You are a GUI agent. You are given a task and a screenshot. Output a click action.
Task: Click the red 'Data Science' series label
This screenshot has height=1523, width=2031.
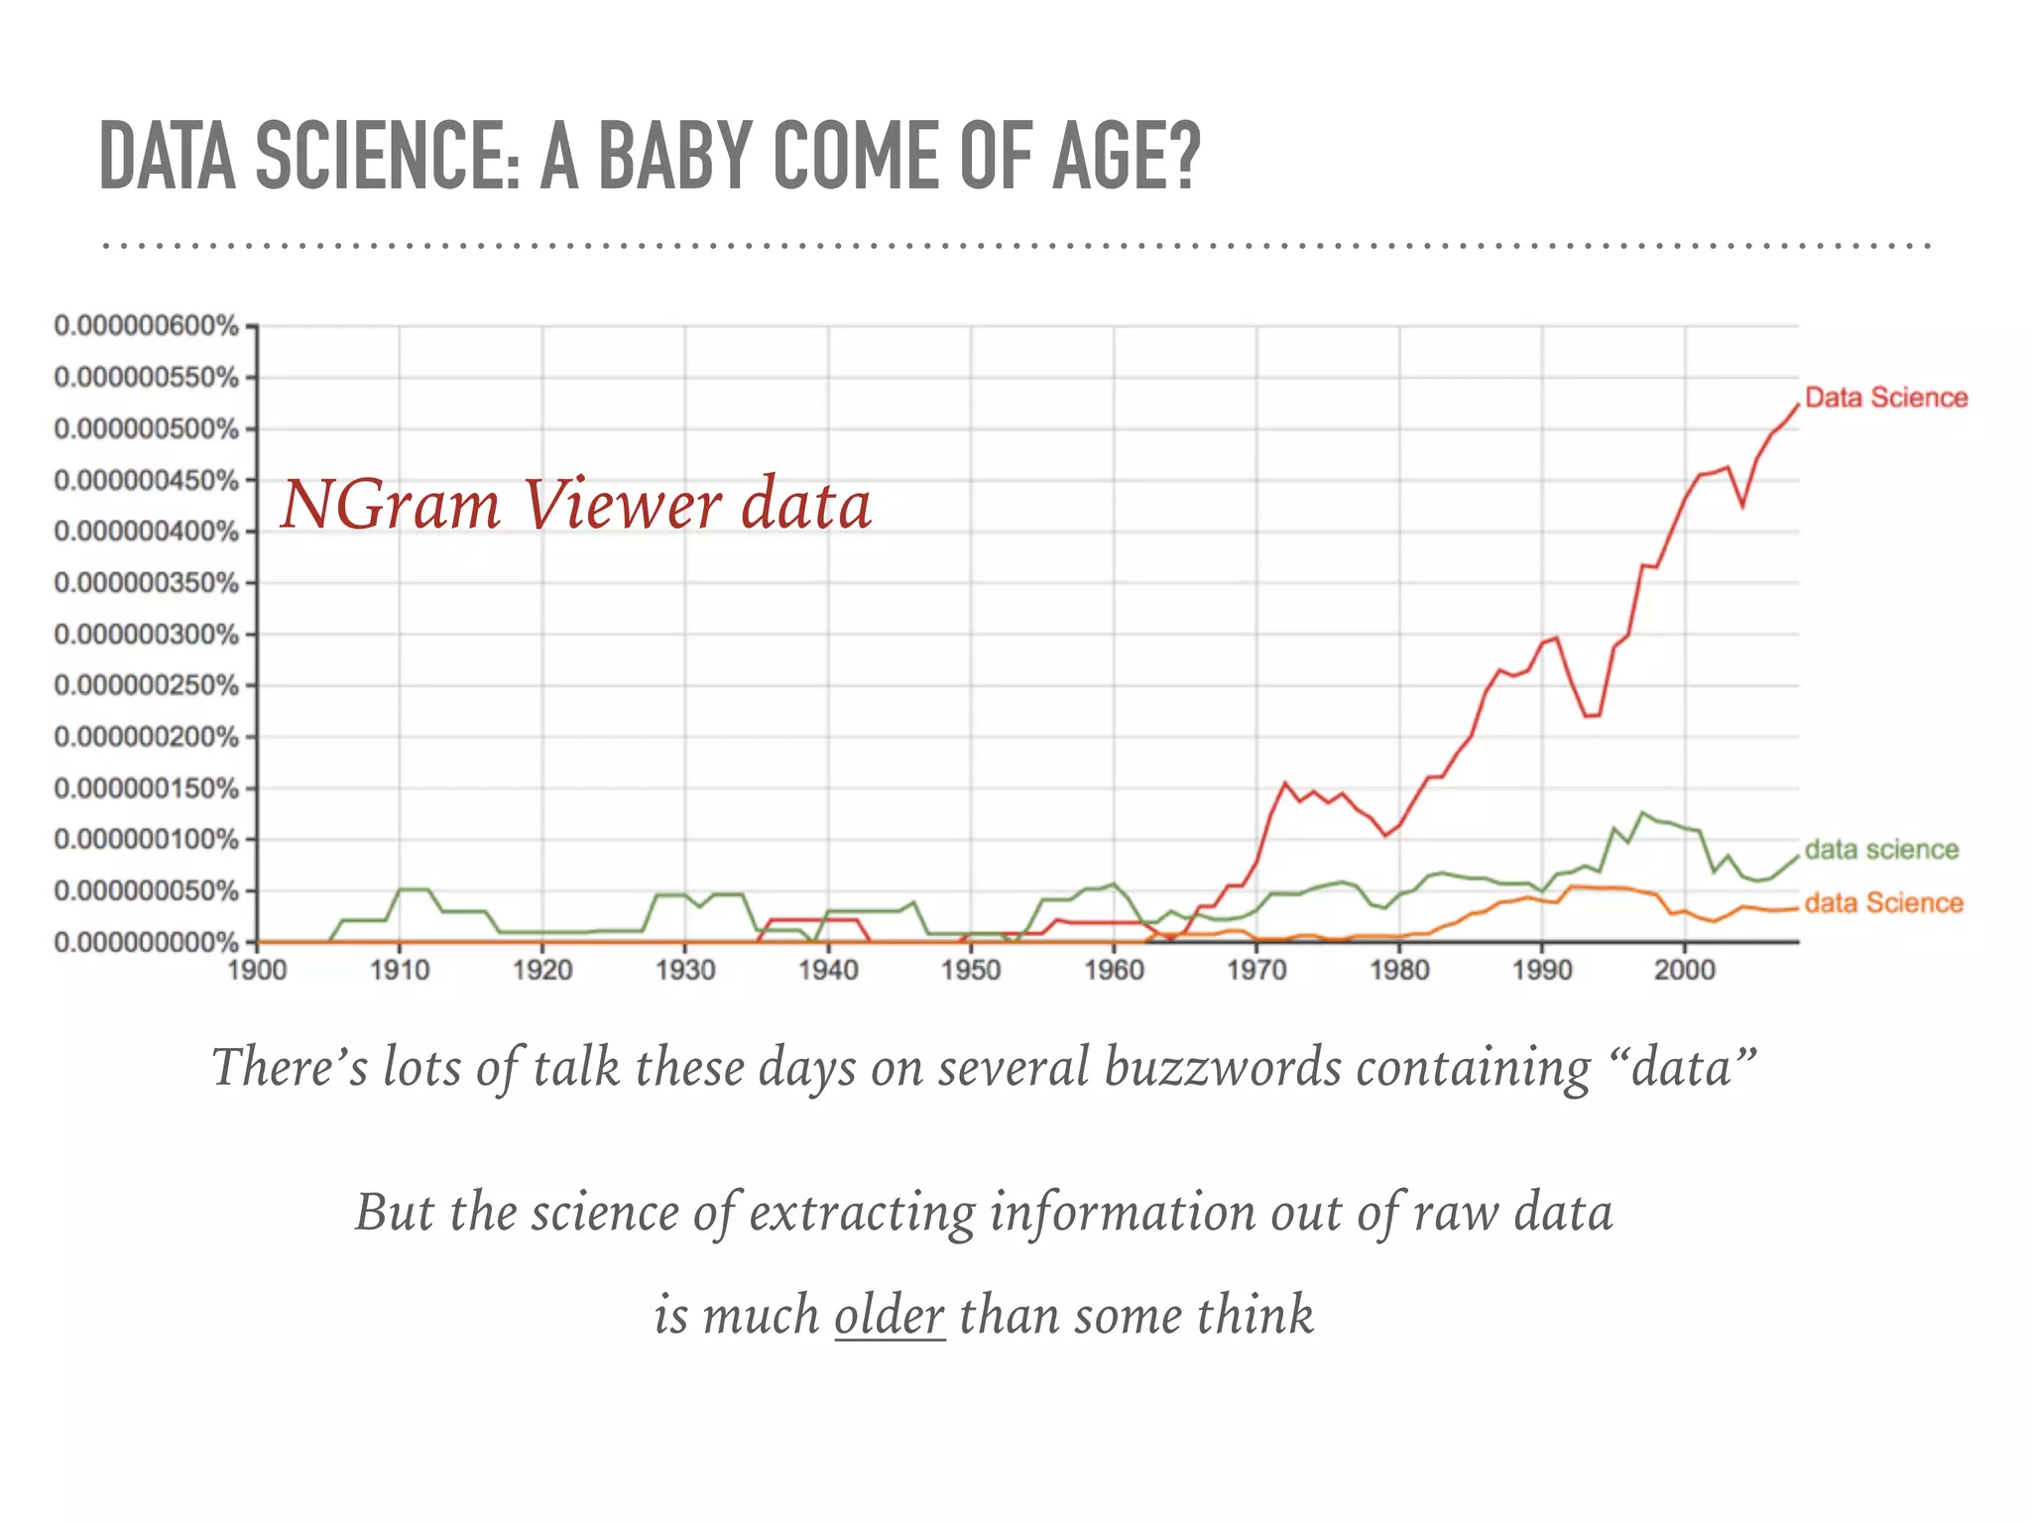coord(1885,398)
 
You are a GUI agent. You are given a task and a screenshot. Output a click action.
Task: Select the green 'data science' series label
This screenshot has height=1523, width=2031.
coord(1881,850)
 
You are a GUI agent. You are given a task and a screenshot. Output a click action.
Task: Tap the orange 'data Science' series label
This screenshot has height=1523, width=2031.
coord(1883,902)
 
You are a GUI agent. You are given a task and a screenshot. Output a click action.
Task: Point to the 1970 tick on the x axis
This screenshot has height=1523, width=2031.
coord(1256,969)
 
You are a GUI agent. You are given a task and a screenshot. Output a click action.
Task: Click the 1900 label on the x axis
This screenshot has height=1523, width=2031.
coord(257,969)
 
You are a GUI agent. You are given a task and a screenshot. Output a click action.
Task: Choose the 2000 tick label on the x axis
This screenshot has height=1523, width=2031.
coord(1684,969)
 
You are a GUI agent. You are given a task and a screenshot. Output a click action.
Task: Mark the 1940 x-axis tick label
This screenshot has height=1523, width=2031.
coord(828,969)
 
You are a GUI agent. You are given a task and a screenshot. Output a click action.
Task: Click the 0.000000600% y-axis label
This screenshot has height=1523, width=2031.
coord(147,326)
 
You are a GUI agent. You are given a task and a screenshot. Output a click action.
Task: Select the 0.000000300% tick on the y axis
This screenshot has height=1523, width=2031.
coord(147,635)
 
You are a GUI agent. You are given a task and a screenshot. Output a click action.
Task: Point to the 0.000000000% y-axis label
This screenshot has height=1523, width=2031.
coord(147,942)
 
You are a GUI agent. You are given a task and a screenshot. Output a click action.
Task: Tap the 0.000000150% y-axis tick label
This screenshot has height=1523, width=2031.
coord(147,788)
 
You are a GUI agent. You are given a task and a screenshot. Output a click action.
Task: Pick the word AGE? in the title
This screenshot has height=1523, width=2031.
coord(1126,156)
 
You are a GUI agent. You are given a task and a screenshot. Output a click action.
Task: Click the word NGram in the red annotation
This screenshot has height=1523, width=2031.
coord(391,505)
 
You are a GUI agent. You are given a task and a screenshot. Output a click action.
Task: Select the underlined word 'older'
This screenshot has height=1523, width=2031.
coord(890,1315)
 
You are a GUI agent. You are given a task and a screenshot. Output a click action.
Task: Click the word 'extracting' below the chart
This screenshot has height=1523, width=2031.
coord(862,1212)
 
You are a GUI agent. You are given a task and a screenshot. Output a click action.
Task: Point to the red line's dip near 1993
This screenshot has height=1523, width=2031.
coord(1592,716)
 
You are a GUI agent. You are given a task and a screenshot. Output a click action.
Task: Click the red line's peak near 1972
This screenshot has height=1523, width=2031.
coord(1285,783)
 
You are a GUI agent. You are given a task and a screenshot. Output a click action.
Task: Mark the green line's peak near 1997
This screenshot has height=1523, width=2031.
coord(1642,813)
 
